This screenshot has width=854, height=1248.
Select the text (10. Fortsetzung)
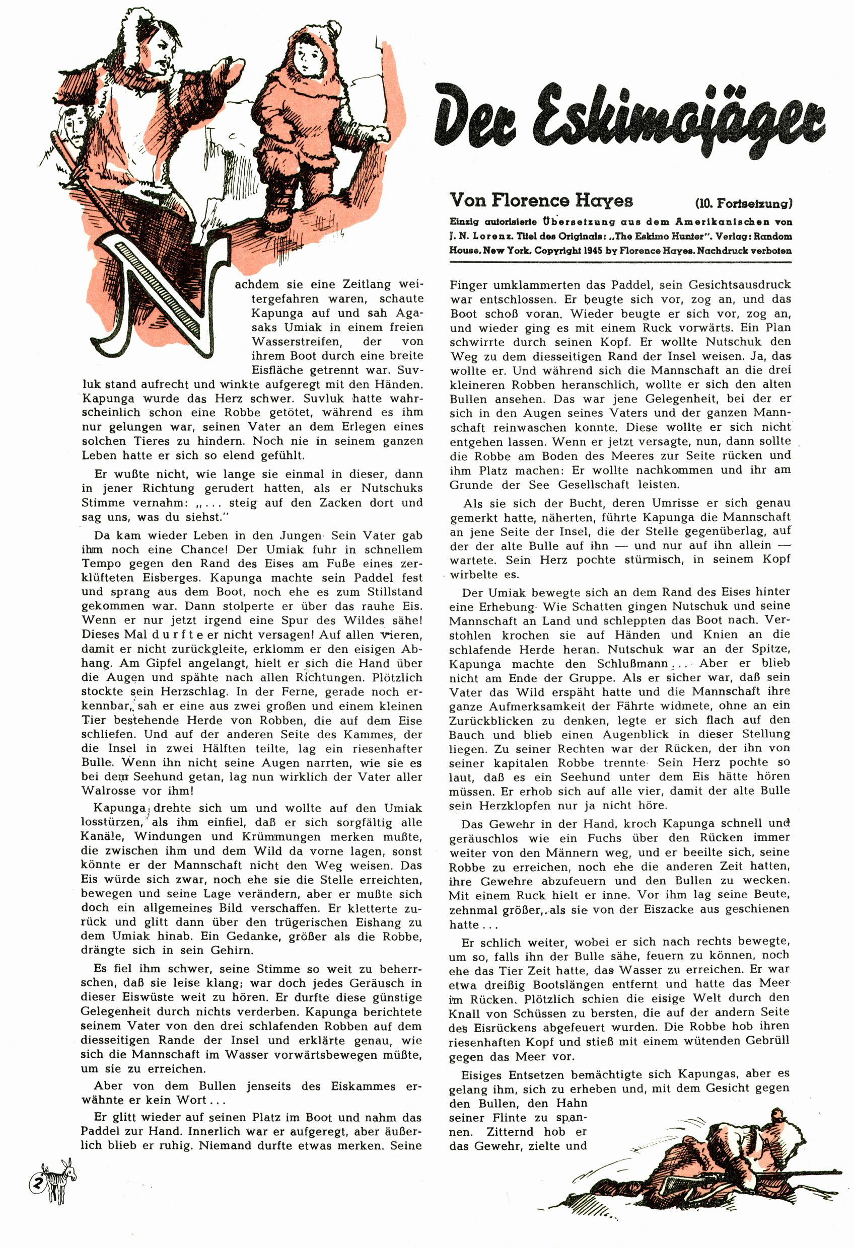(743, 203)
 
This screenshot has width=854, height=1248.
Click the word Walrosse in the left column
(105, 791)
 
